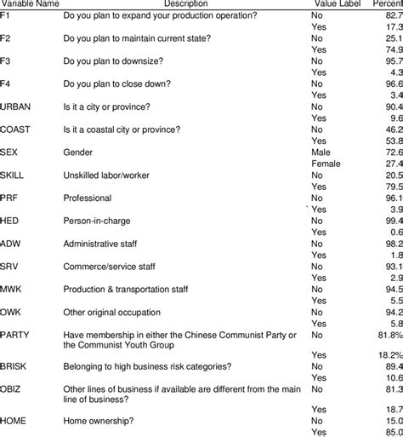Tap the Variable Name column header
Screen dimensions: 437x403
click(x=31, y=3)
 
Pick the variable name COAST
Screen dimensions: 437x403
click(x=19, y=128)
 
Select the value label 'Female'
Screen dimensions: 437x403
click(x=326, y=162)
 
